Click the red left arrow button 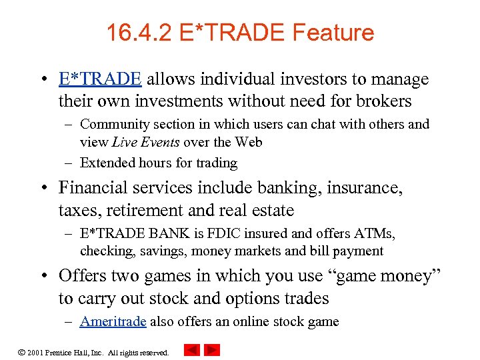(192, 350)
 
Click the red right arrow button (212, 350)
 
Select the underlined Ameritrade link (113, 321)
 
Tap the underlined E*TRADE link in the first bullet (100, 80)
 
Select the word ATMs (373, 233)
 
